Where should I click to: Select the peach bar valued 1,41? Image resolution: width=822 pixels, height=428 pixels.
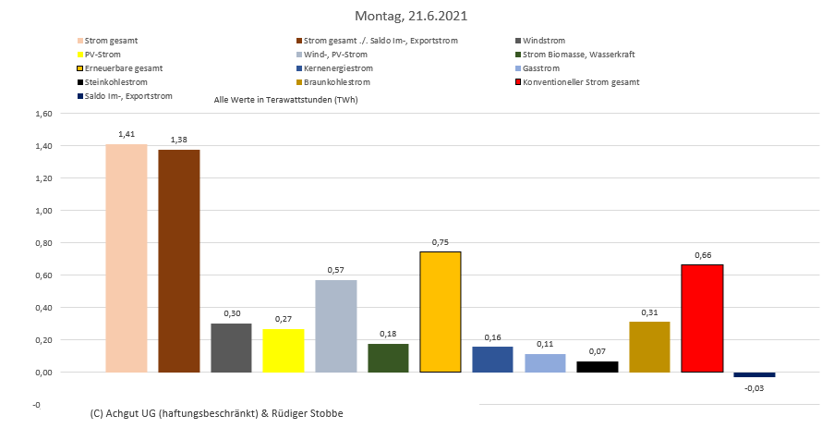pyautogui.click(x=127, y=258)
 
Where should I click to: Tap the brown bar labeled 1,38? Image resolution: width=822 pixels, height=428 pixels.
pyautogui.click(x=179, y=261)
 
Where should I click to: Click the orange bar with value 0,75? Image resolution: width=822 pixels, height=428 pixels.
pyautogui.click(x=441, y=312)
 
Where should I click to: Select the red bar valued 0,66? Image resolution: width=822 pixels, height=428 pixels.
pyautogui.click(x=702, y=318)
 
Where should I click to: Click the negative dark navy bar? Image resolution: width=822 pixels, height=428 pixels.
pyautogui.click(x=755, y=374)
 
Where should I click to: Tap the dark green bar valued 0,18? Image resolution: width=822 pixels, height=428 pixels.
pyautogui.click(x=388, y=358)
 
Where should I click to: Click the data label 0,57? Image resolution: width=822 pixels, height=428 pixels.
pyautogui.click(x=336, y=270)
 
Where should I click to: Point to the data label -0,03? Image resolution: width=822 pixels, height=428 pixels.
pyautogui.click(x=755, y=388)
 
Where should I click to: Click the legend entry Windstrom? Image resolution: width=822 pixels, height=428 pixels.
pyautogui.click(x=543, y=41)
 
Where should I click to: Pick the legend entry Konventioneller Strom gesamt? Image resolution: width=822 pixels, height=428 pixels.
pyautogui.click(x=580, y=82)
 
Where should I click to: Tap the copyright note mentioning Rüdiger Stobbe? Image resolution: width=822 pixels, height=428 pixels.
pyautogui.click(x=217, y=413)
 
